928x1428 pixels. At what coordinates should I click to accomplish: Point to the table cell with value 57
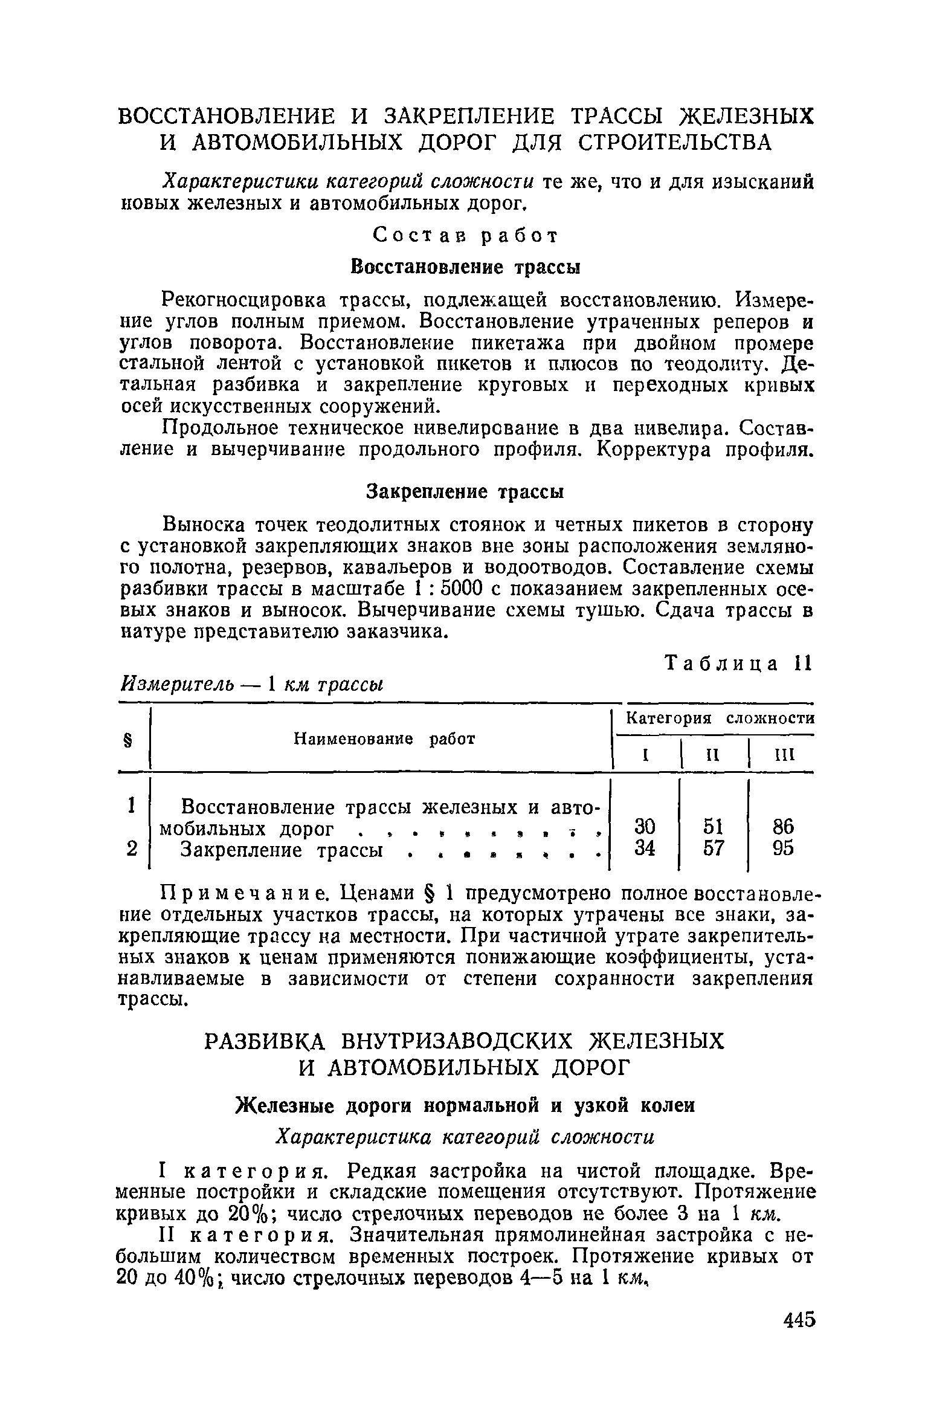pyautogui.click(x=714, y=848)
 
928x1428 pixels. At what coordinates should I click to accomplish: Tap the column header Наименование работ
pyautogui.click(x=384, y=738)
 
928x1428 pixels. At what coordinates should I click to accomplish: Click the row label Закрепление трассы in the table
pyautogui.click(x=282, y=850)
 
